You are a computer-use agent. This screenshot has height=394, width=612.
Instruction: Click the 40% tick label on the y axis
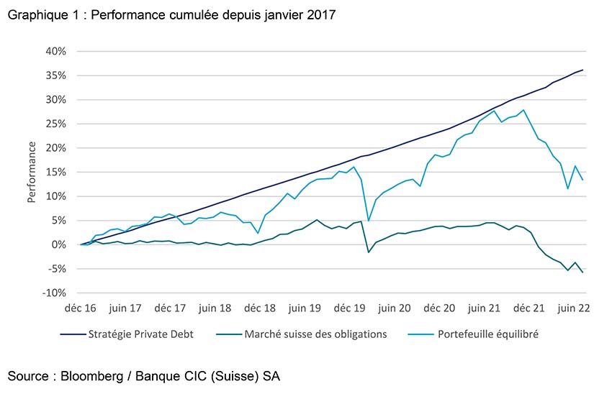[57, 52]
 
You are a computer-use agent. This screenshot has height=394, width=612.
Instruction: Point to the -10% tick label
[55, 293]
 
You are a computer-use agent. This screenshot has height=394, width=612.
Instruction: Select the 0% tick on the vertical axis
[60, 245]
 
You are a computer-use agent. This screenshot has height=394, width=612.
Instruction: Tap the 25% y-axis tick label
[57, 124]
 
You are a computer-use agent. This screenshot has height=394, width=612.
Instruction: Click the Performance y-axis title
[32, 173]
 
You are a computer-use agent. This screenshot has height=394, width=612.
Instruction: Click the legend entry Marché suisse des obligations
[315, 334]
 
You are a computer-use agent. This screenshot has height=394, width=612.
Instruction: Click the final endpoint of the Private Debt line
[582, 70]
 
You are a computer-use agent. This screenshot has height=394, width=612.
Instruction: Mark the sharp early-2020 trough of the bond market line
[369, 252]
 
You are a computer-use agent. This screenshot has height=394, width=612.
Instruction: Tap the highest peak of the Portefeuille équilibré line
[523, 110]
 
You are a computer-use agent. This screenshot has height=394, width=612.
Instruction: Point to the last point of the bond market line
[582, 272]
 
